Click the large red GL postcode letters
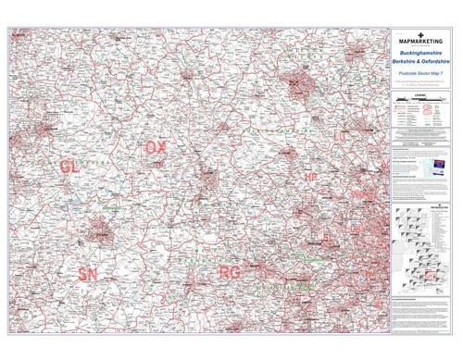click(69, 166)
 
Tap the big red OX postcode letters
click(156, 148)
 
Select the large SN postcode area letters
click(88, 274)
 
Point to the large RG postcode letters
click(231, 273)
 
